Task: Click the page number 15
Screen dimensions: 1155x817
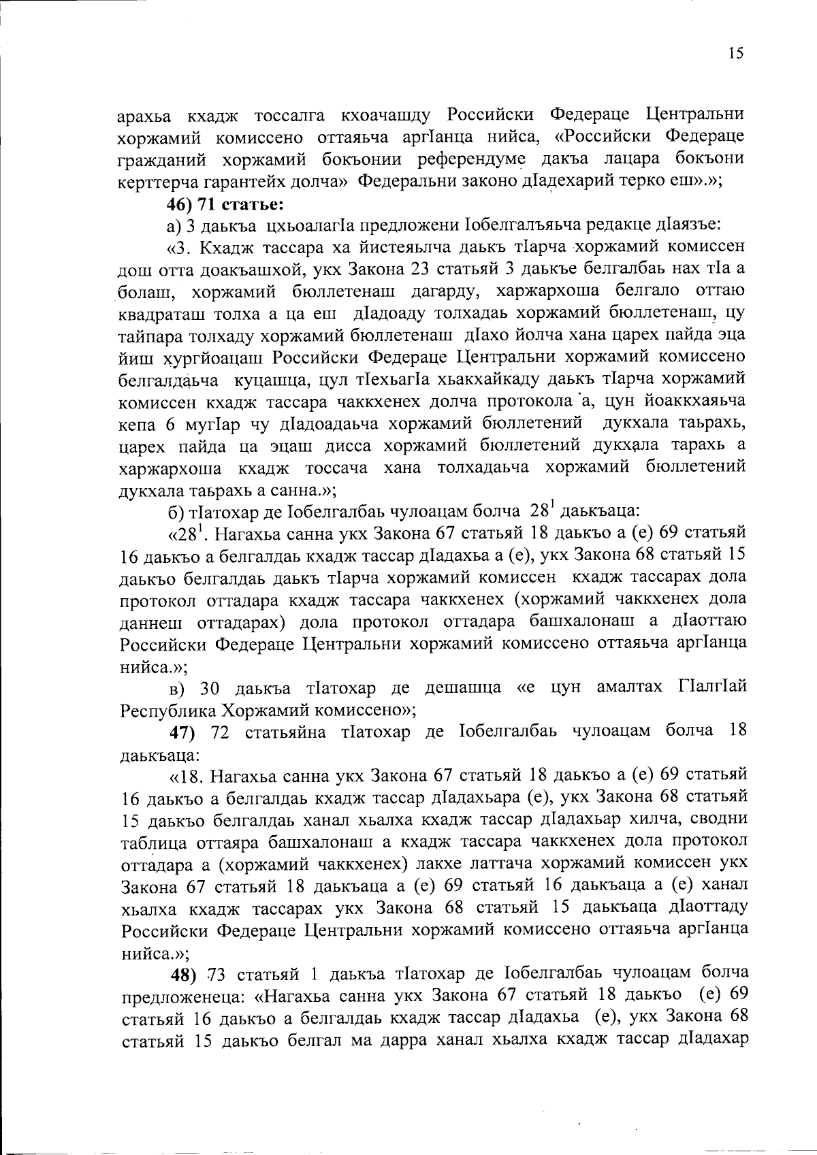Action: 735,54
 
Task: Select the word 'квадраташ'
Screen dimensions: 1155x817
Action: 160,313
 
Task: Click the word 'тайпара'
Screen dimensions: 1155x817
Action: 147,335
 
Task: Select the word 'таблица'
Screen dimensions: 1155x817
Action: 152,842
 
